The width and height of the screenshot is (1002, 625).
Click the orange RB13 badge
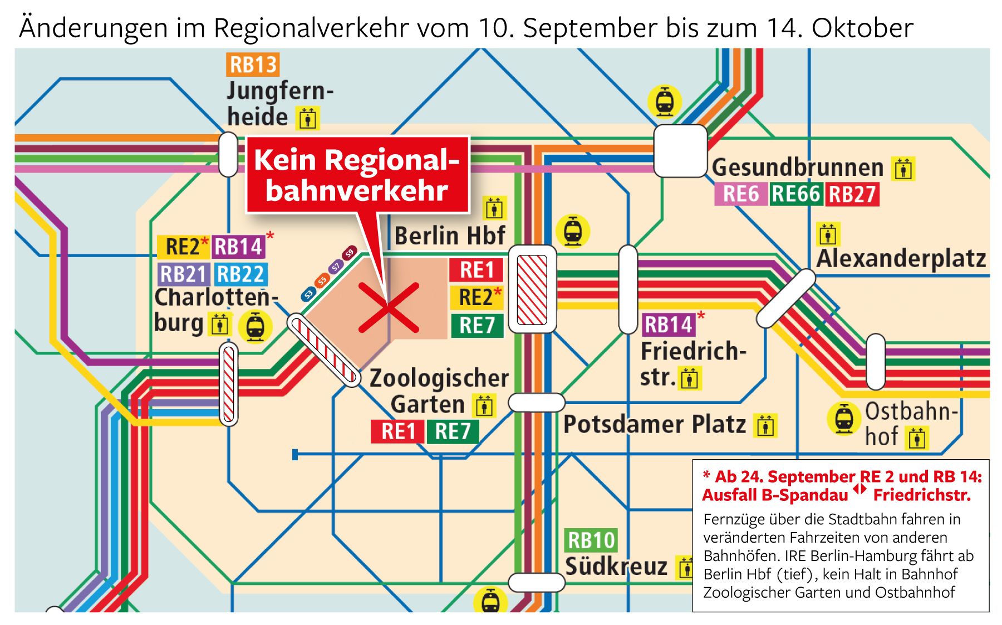252,65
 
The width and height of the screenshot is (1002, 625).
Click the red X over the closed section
388,307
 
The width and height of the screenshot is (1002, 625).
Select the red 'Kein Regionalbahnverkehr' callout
357,175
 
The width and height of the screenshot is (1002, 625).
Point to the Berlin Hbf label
450,235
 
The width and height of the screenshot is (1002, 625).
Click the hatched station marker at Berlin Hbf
532,289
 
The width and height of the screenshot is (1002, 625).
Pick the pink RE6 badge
740,194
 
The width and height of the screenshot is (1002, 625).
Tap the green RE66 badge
796,194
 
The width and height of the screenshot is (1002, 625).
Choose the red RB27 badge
852,194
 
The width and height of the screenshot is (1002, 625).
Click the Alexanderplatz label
901,259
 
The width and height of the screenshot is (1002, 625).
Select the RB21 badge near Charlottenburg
183,274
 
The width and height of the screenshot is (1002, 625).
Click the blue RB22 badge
240,274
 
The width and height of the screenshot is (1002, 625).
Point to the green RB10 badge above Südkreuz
591,540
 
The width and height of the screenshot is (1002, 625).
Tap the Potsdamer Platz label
654,425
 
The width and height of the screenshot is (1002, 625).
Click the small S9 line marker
349,253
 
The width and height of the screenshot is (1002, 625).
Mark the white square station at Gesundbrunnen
680,151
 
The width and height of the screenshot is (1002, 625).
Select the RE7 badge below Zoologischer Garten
453,431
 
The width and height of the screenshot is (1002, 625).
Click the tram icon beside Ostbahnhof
844,419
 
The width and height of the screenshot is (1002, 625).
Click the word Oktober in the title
862,28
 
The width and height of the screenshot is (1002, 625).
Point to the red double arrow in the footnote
860,489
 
